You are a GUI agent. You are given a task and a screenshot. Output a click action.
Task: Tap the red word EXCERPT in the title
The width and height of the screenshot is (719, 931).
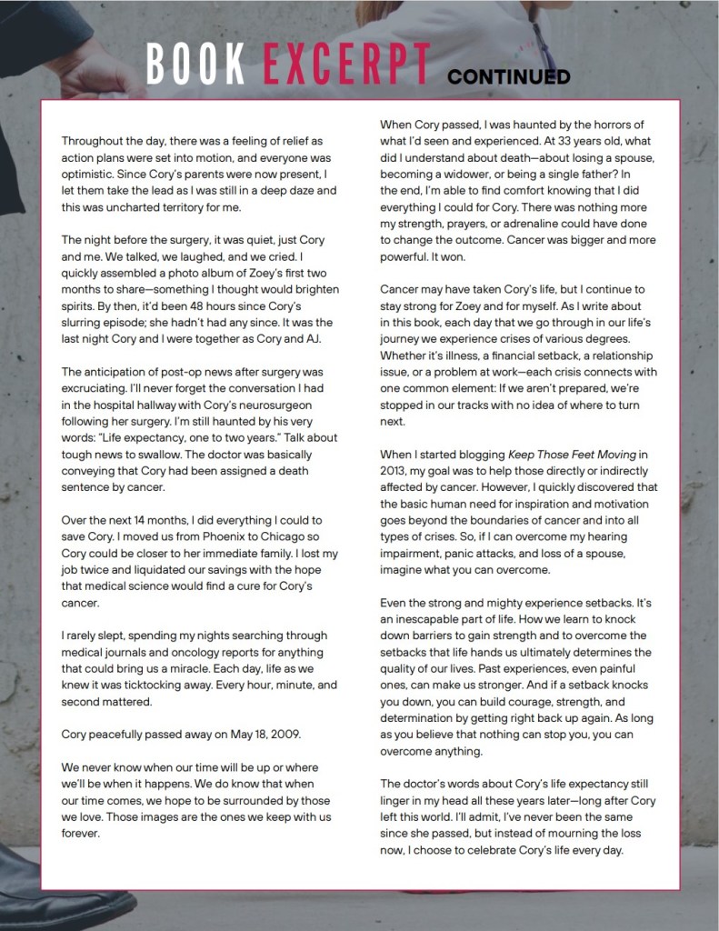(346, 65)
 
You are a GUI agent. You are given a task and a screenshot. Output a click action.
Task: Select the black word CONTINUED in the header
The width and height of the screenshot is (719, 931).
(508, 75)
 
